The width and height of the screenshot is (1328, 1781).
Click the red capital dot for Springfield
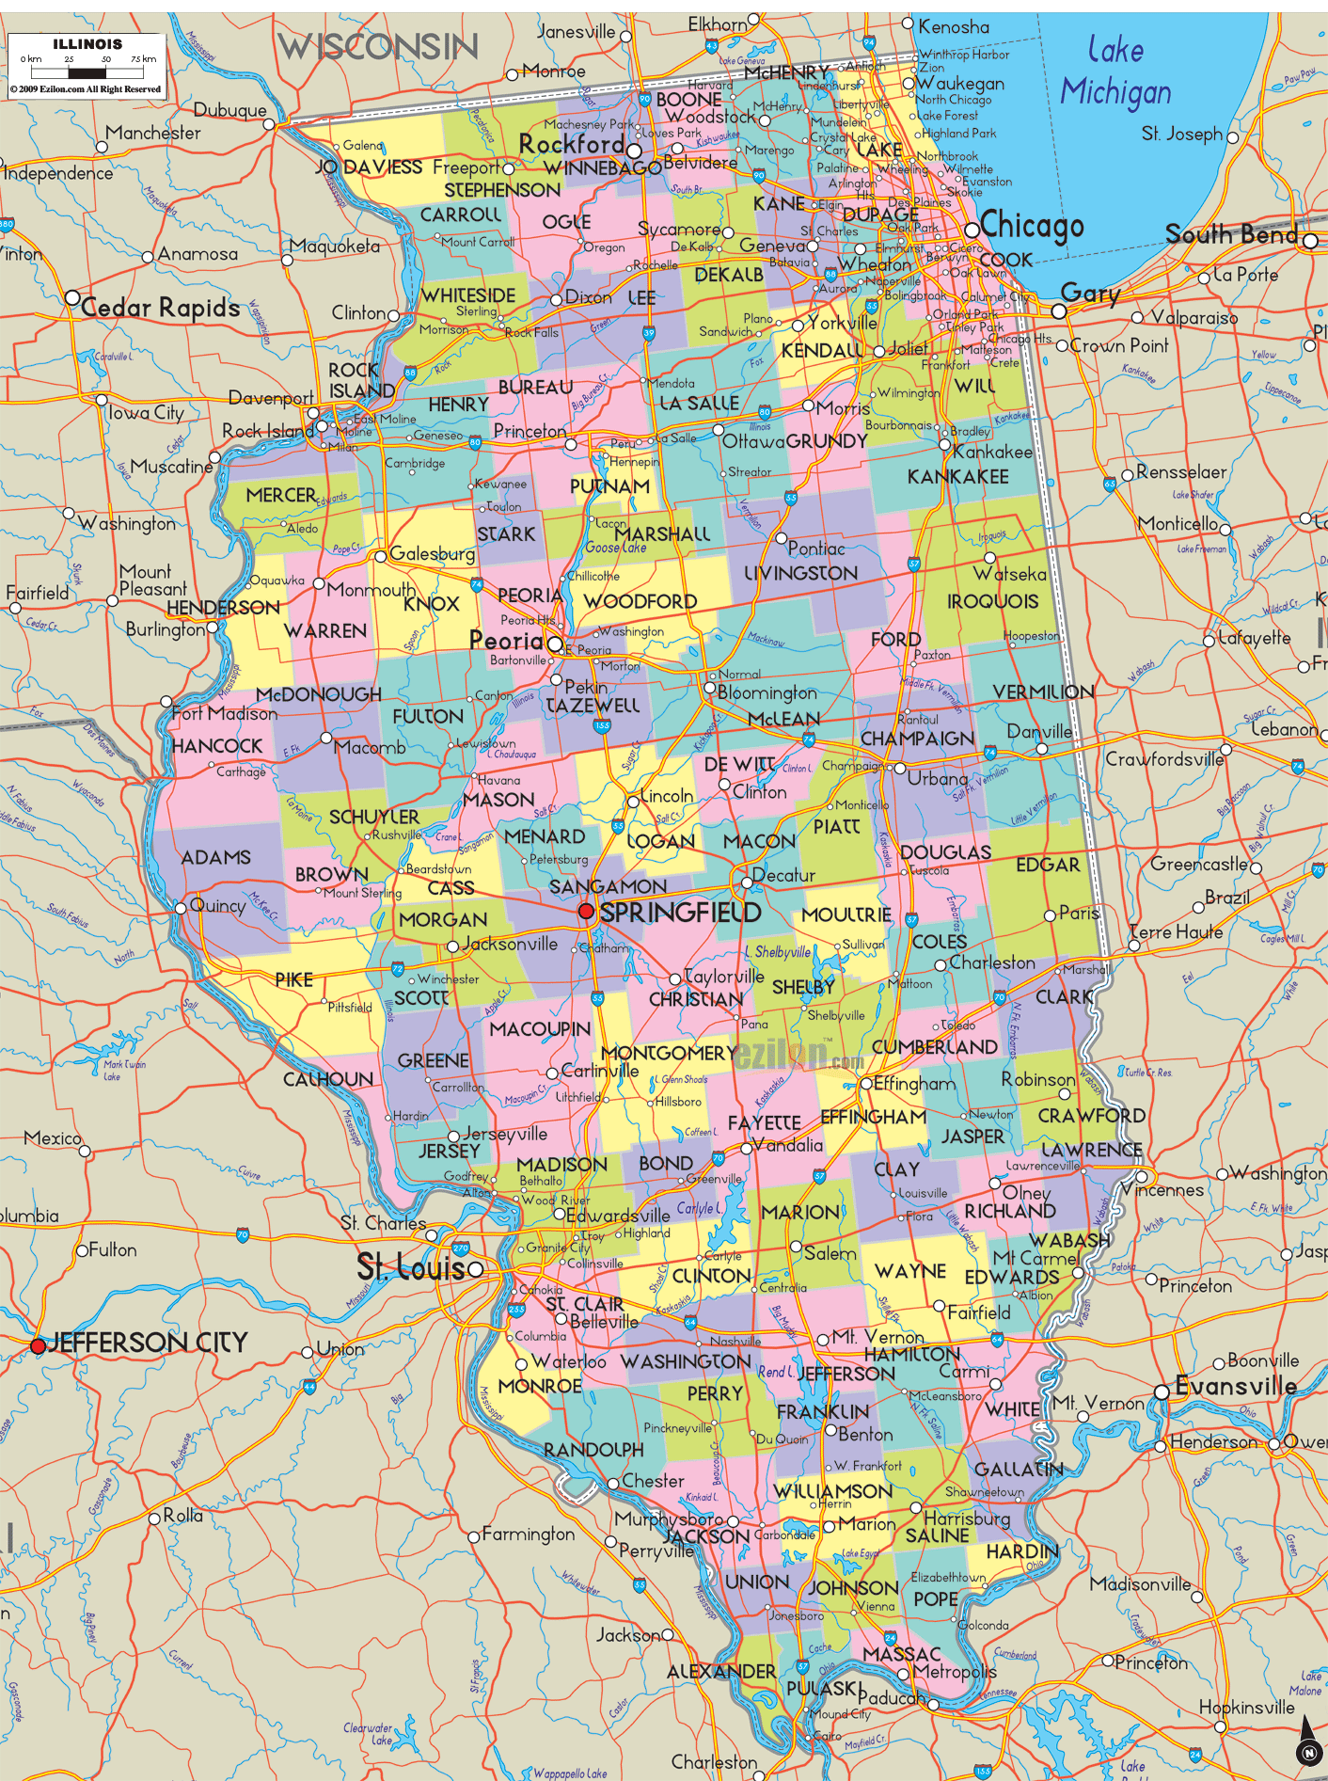586,911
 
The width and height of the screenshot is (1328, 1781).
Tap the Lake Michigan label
1115,72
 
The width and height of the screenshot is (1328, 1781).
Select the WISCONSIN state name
378,47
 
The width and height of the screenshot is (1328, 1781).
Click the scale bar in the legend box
87,72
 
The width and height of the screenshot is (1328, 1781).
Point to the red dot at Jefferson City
38,1346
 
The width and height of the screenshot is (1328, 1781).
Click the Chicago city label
1032,226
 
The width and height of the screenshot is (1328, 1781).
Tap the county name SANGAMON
608,886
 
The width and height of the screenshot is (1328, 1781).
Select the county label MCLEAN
783,719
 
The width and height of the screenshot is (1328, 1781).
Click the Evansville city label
1236,1386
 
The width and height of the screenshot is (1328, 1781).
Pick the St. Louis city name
411,1268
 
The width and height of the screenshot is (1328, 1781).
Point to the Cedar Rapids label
160,308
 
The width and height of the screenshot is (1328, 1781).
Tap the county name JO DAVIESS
368,167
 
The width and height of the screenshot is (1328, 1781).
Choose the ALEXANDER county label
721,1672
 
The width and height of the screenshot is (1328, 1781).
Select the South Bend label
1231,234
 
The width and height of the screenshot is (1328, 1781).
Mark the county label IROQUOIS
992,601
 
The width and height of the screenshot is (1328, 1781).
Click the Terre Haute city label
1176,932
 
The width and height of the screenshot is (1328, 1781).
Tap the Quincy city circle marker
181,908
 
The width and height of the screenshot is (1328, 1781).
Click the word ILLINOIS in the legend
87,44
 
